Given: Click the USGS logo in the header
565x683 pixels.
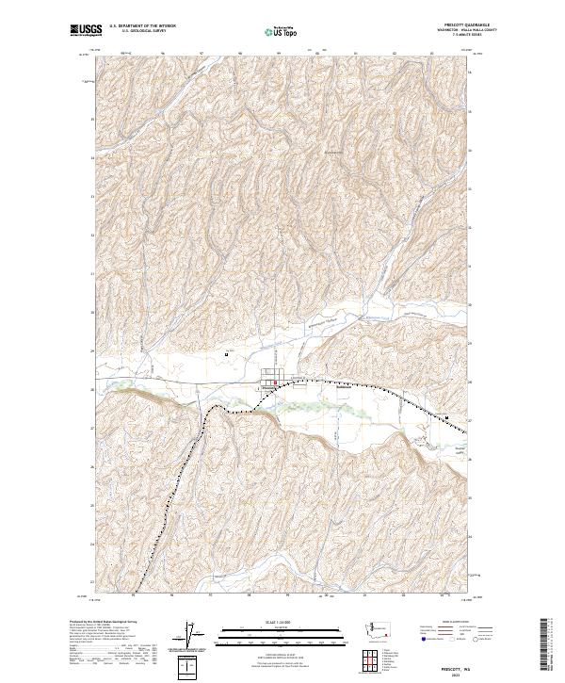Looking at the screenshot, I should coord(86,30).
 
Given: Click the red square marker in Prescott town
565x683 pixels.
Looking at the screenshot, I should coord(274,382).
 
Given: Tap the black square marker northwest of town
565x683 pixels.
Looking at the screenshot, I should coord(228,354).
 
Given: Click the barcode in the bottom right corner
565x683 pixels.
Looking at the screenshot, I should coord(549,647).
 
